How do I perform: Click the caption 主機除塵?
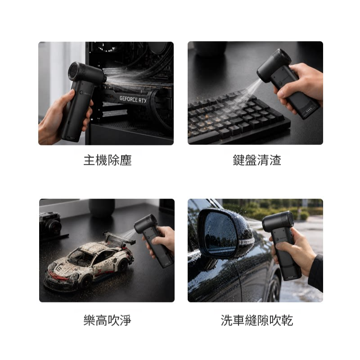(108, 160)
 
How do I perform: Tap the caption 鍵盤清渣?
(257, 160)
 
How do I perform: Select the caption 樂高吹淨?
(108, 320)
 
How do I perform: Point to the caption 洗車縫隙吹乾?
(257, 320)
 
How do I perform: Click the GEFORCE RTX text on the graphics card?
(133, 99)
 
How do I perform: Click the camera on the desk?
(50, 223)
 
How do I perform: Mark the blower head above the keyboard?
(273, 65)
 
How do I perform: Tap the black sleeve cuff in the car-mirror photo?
(316, 273)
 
